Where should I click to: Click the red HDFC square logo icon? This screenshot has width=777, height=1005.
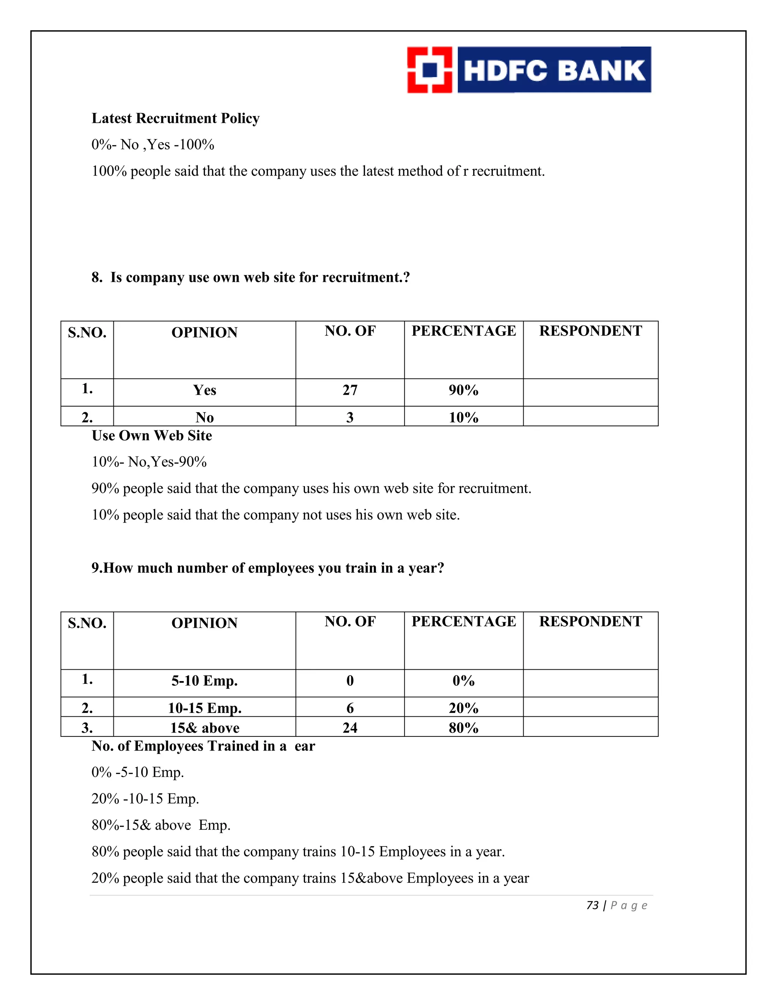pyautogui.click(x=429, y=70)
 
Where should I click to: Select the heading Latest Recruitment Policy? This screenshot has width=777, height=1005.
pyautogui.click(x=175, y=118)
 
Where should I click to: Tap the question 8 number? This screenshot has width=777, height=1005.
pyautogui.click(x=96, y=278)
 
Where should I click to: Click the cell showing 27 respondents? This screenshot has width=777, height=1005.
pyautogui.click(x=350, y=390)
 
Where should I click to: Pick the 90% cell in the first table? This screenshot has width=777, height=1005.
pyautogui.click(x=464, y=390)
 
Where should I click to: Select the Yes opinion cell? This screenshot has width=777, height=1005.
pyautogui.click(x=204, y=390)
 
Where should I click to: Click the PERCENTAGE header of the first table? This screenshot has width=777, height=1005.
pyautogui.click(x=464, y=331)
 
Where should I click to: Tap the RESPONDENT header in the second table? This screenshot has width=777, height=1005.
pyautogui.click(x=591, y=621)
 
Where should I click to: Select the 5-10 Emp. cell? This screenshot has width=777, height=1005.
pyautogui.click(x=204, y=681)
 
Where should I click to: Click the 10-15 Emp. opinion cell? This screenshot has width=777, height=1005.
pyautogui.click(x=204, y=708)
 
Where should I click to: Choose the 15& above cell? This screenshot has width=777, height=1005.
pyautogui.click(x=204, y=727)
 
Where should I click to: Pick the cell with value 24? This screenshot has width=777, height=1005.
pyautogui.click(x=350, y=727)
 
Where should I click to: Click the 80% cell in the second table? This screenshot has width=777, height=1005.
pyautogui.click(x=464, y=727)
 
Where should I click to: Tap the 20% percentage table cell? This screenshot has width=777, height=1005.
pyautogui.click(x=464, y=708)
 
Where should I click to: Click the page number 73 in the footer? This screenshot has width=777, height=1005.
pyautogui.click(x=592, y=905)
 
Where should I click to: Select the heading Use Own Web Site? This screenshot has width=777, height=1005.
pyautogui.click(x=152, y=435)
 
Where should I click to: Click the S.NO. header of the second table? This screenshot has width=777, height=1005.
pyautogui.click(x=87, y=623)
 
